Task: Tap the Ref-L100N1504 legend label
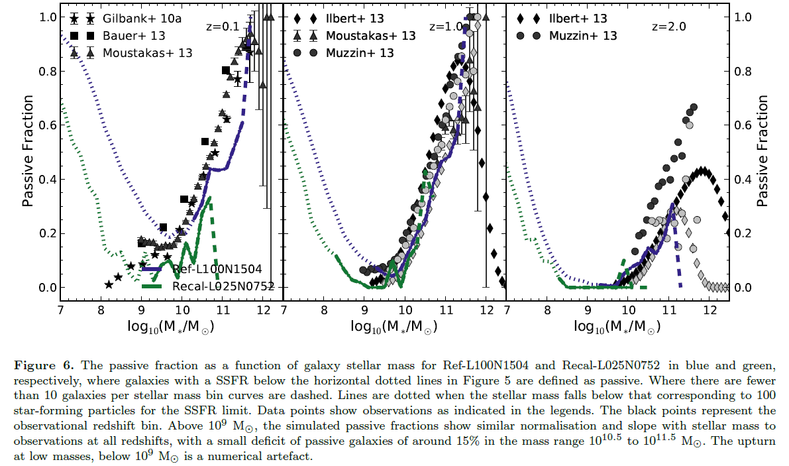tap(216, 269)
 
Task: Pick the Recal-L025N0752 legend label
tap(223, 286)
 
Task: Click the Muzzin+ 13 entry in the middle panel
tap(360, 52)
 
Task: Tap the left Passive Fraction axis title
tap(28, 151)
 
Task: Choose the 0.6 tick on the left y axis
tap(46, 125)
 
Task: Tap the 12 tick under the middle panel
tap(486, 310)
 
